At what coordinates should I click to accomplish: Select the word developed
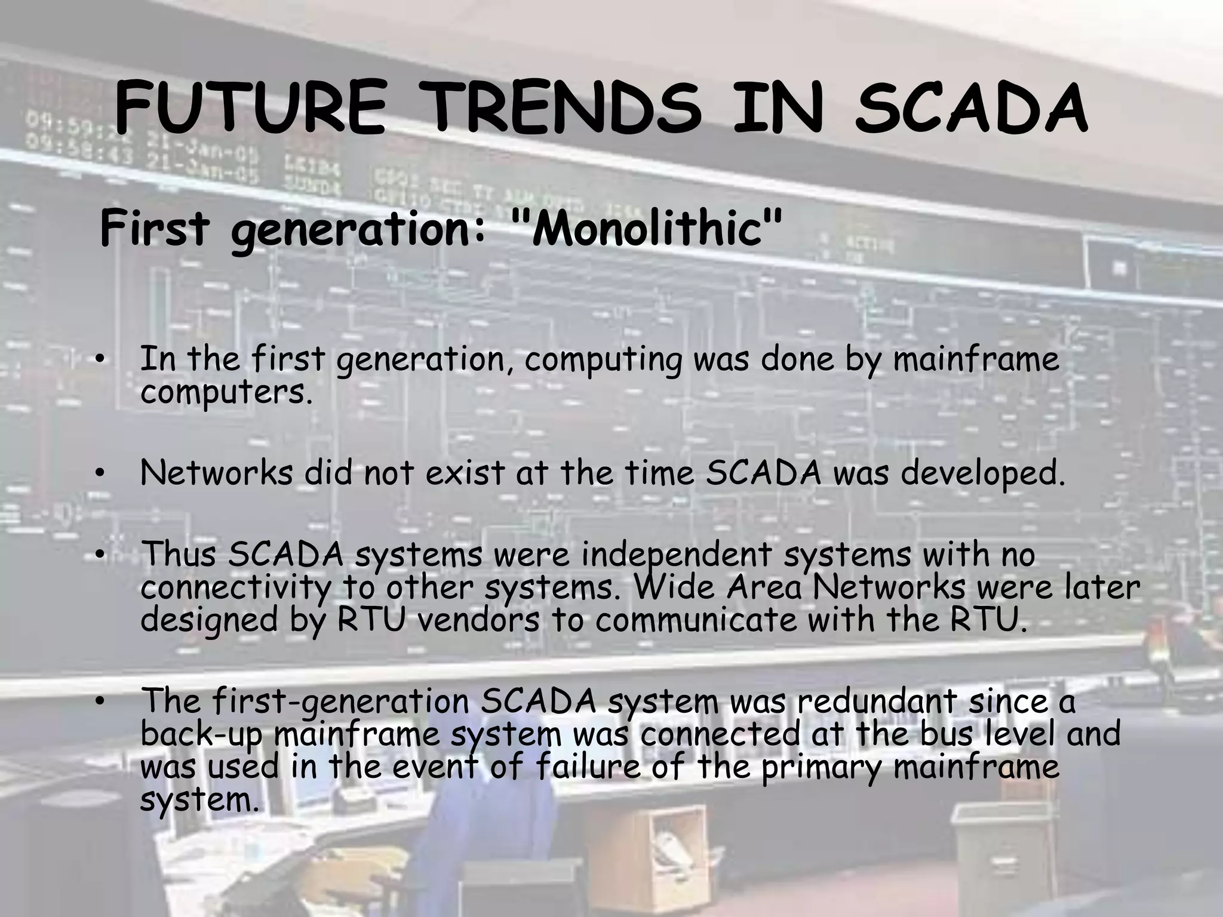click(982, 474)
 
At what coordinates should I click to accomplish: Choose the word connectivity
click(236, 588)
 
